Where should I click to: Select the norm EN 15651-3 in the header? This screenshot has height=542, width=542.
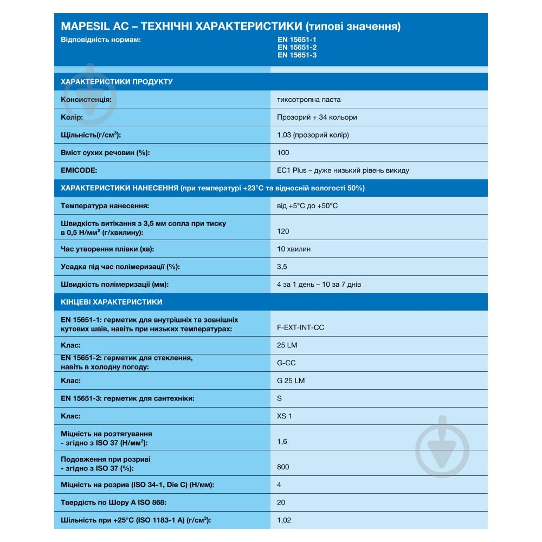point(296,55)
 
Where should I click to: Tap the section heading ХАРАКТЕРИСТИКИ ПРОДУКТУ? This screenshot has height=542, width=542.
point(117,82)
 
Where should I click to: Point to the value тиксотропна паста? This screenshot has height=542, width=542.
point(308,100)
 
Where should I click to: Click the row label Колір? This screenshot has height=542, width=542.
point(72,117)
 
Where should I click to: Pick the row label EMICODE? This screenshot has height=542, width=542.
point(79,170)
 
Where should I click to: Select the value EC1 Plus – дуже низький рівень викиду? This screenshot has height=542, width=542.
point(343,170)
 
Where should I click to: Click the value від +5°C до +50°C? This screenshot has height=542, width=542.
point(307,206)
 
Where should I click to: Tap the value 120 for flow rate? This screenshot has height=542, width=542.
point(283,231)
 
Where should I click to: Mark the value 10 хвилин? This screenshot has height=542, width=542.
point(294,249)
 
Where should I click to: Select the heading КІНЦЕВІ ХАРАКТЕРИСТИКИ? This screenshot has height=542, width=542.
point(112,302)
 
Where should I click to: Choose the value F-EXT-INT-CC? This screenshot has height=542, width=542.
point(300,328)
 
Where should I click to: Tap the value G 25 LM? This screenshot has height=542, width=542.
point(291,380)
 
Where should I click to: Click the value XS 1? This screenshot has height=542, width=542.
point(284,416)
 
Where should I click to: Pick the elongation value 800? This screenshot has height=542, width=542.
point(283,467)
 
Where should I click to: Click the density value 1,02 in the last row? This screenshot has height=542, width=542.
point(283,520)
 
